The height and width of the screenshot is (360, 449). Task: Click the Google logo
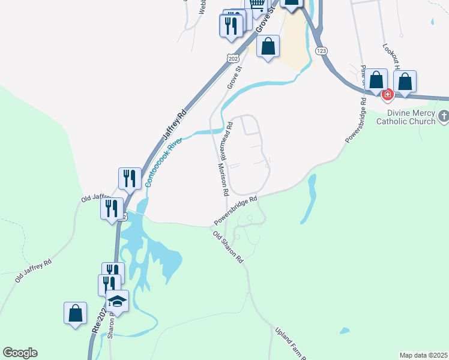point(20,353)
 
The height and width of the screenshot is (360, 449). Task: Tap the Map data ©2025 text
point(423,355)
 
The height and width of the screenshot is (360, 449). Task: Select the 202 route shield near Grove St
point(234,58)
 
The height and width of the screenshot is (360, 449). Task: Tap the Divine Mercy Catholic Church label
point(405,117)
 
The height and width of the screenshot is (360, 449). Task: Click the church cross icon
point(443,115)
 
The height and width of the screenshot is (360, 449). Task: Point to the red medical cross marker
point(388,94)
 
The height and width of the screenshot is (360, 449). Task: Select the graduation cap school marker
point(118,301)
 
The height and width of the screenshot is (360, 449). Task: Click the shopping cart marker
point(257,5)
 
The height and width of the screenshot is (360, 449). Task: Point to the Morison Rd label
point(223,180)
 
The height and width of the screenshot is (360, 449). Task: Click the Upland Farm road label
point(290,343)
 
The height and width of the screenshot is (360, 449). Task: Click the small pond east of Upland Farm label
point(344,331)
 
